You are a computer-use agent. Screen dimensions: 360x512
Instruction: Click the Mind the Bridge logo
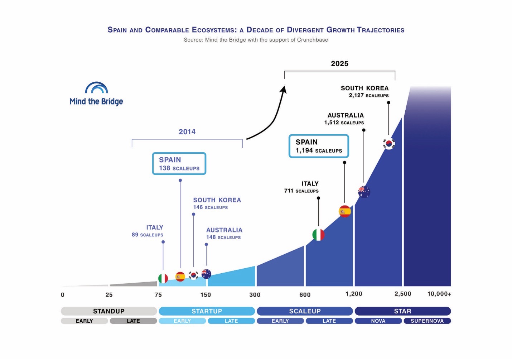(x=96, y=94)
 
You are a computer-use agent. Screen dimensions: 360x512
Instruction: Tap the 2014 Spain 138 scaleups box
(x=179, y=164)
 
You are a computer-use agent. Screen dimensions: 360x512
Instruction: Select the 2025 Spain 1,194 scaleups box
(x=319, y=146)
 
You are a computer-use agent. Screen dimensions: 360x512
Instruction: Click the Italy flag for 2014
(x=163, y=278)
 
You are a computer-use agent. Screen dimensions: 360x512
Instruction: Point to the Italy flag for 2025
(x=318, y=235)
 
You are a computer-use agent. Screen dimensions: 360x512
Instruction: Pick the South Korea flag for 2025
(x=389, y=144)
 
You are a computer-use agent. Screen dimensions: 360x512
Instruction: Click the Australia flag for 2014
(x=206, y=274)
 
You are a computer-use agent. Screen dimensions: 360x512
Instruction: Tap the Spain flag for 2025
(x=345, y=211)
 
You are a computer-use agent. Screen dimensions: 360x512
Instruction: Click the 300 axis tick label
(x=255, y=295)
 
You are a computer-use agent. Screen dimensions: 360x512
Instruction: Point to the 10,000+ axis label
(x=439, y=294)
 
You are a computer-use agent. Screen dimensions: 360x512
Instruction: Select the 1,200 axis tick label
(x=354, y=294)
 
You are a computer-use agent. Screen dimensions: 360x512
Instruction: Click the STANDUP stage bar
(x=109, y=311)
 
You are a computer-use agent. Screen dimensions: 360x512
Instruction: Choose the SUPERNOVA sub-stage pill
(x=427, y=321)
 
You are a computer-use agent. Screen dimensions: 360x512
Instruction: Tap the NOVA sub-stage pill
(x=378, y=321)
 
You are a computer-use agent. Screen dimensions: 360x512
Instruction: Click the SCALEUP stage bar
(x=305, y=311)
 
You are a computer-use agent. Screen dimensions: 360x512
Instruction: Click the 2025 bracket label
(x=339, y=64)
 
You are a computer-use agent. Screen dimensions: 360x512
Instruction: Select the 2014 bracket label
(x=187, y=132)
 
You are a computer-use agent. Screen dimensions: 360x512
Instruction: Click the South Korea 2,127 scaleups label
(x=365, y=91)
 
